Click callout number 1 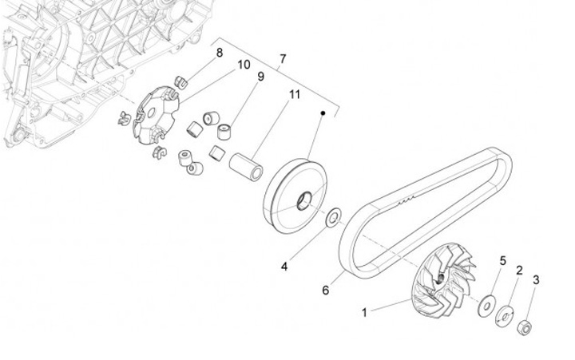click(x=365, y=313)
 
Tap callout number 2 click(x=519, y=271)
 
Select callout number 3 click(x=536, y=280)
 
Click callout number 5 click(x=503, y=261)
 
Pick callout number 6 click(x=325, y=291)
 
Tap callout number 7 click(x=282, y=59)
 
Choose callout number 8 click(x=219, y=53)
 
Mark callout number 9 click(x=260, y=77)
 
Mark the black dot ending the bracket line click(x=323, y=113)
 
